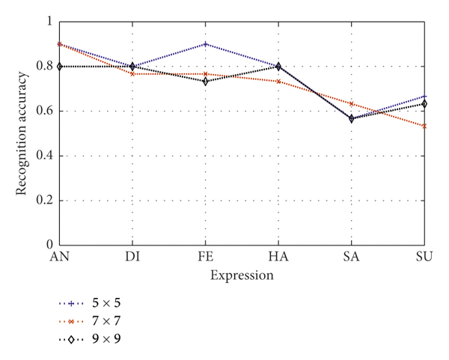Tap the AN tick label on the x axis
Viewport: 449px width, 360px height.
click(59, 257)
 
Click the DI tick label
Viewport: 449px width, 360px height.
click(132, 257)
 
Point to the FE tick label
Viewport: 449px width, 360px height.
click(206, 257)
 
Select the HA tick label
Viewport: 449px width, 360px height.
click(278, 257)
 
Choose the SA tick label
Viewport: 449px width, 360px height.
click(352, 257)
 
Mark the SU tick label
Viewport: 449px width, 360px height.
click(424, 257)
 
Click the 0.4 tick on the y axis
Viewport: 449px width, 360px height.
click(44, 156)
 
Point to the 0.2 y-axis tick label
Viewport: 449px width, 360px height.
click(44, 201)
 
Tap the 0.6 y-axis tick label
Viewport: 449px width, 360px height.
click(44, 111)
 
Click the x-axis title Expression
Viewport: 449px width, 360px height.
click(242, 275)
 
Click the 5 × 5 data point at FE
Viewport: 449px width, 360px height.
click(206, 44)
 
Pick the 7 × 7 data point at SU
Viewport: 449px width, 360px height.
click(424, 126)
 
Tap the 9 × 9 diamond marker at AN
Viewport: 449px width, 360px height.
click(60, 67)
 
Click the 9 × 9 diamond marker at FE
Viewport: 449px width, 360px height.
click(206, 81)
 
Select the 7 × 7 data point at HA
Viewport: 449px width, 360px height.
click(278, 81)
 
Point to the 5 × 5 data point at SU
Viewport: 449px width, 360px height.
click(424, 97)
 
